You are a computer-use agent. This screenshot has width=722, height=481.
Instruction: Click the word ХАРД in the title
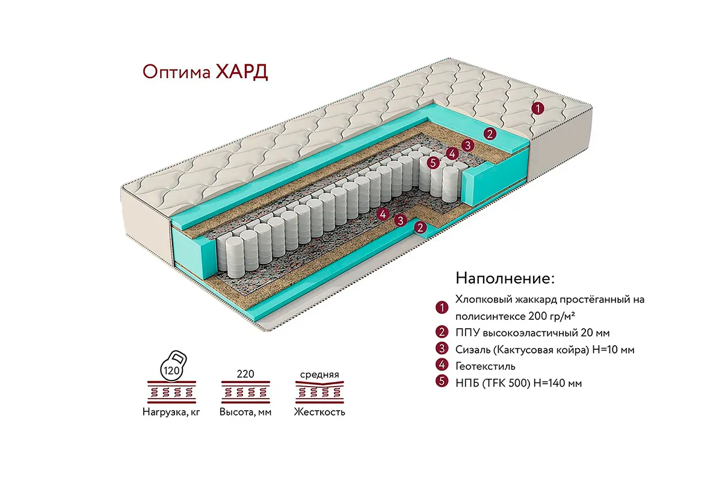(x=239, y=71)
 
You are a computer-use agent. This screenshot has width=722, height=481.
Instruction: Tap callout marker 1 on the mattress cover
(x=538, y=108)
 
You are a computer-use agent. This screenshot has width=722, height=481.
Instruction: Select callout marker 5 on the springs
(x=431, y=162)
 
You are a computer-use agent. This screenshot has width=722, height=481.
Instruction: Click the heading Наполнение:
(x=504, y=278)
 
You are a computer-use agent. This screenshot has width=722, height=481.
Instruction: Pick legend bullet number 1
(x=442, y=308)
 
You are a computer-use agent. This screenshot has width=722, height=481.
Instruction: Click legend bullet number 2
(x=442, y=332)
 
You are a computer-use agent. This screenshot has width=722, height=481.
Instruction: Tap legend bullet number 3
(x=442, y=349)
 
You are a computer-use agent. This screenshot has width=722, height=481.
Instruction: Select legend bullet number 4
(x=442, y=365)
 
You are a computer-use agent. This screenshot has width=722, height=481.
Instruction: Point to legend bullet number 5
(x=442, y=381)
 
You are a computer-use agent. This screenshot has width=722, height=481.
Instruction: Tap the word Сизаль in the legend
(x=472, y=349)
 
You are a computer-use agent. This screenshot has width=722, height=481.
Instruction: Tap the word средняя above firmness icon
(x=319, y=374)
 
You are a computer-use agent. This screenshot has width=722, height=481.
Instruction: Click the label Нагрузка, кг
(x=171, y=412)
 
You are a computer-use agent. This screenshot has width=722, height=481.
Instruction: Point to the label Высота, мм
(x=245, y=412)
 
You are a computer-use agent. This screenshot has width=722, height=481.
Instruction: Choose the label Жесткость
(x=319, y=412)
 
